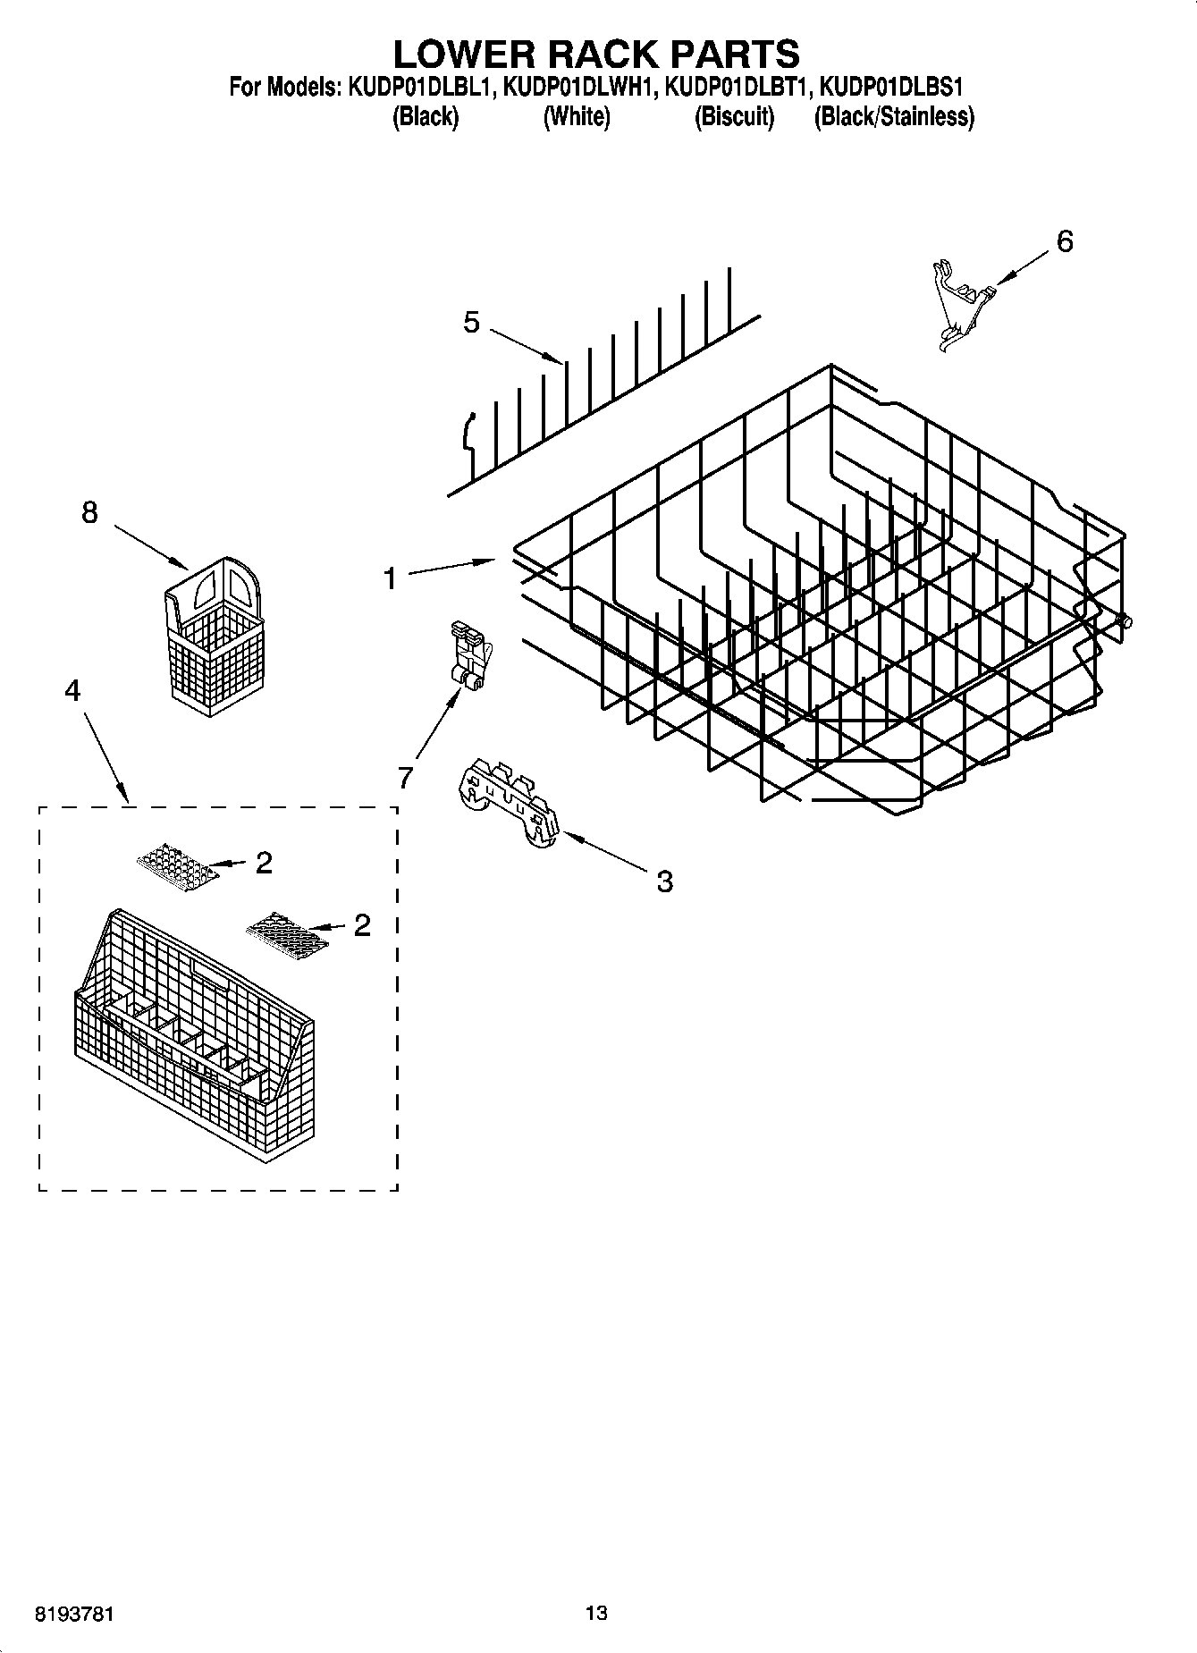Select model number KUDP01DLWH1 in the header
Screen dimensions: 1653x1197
click(x=580, y=88)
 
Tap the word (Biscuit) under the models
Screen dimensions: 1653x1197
click(x=734, y=117)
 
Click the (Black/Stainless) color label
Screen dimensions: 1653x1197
click(x=893, y=117)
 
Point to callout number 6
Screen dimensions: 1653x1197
click(x=1064, y=241)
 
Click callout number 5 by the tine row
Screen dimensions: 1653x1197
click(x=471, y=322)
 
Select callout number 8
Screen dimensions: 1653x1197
click(x=89, y=512)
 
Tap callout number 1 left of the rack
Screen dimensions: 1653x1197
click(x=390, y=579)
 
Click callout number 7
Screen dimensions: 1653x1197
click(x=406, y=779)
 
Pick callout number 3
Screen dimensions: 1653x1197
click(x=664, y=881)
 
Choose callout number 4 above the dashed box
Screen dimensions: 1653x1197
click(x=73, y=690)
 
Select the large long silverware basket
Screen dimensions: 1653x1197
click(x=192, y=1037)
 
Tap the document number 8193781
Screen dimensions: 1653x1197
click(x=74, y=1615)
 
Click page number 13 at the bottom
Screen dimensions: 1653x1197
click(x=596, y=1613)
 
